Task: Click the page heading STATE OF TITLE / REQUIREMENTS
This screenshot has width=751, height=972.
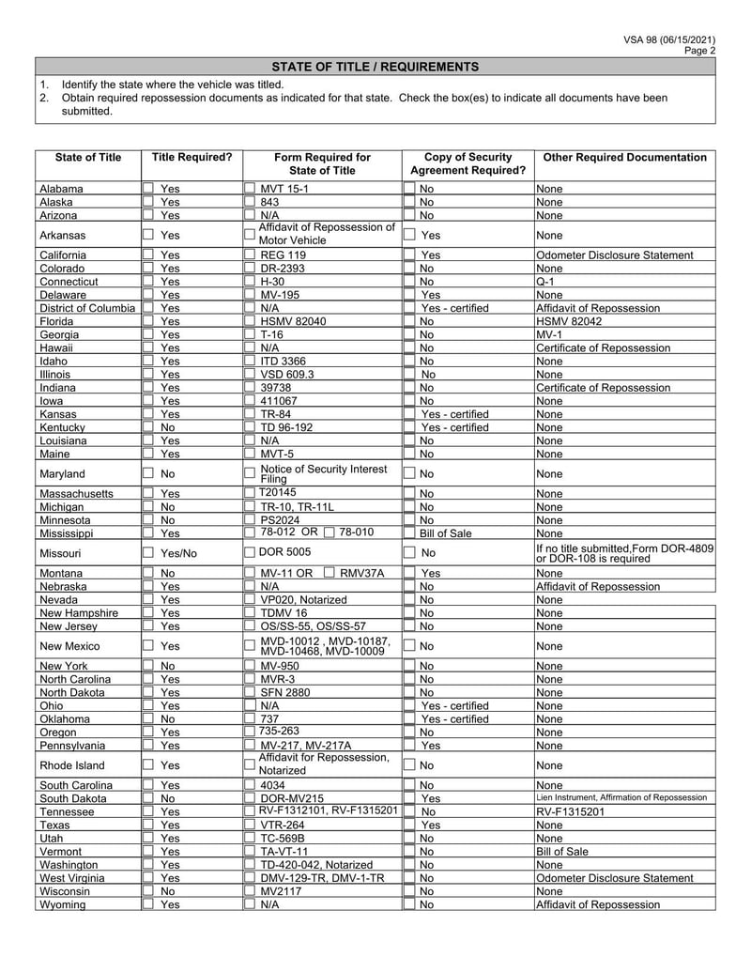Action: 375,67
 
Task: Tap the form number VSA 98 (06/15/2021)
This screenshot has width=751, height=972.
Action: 669,39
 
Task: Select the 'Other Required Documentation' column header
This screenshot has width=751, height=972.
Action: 624,158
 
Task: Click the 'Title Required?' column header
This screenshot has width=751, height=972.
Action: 192,158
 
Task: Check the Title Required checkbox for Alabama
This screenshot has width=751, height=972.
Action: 148,189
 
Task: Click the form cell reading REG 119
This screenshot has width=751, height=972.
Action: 283,255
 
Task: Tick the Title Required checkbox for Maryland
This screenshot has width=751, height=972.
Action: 148,474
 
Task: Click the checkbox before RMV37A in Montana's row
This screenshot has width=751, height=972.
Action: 330,573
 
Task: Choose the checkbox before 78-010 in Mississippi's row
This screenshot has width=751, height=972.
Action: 329,532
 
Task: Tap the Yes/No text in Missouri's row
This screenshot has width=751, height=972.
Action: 178,553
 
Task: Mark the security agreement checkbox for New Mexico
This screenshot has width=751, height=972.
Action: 409,646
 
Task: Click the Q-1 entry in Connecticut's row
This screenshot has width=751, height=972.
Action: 545,282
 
